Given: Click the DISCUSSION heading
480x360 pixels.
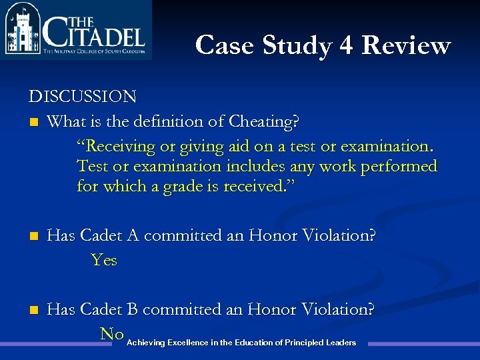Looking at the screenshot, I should [83, 97].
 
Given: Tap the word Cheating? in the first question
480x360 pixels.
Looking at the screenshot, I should [264, 122].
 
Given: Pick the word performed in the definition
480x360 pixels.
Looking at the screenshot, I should [399, 166].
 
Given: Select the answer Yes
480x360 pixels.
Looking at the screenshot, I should [104, 260].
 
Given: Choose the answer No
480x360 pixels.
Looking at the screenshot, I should [111, 333].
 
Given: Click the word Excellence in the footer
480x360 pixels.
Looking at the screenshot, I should [187, 343].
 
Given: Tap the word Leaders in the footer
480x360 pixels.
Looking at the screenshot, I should [341, 343].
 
